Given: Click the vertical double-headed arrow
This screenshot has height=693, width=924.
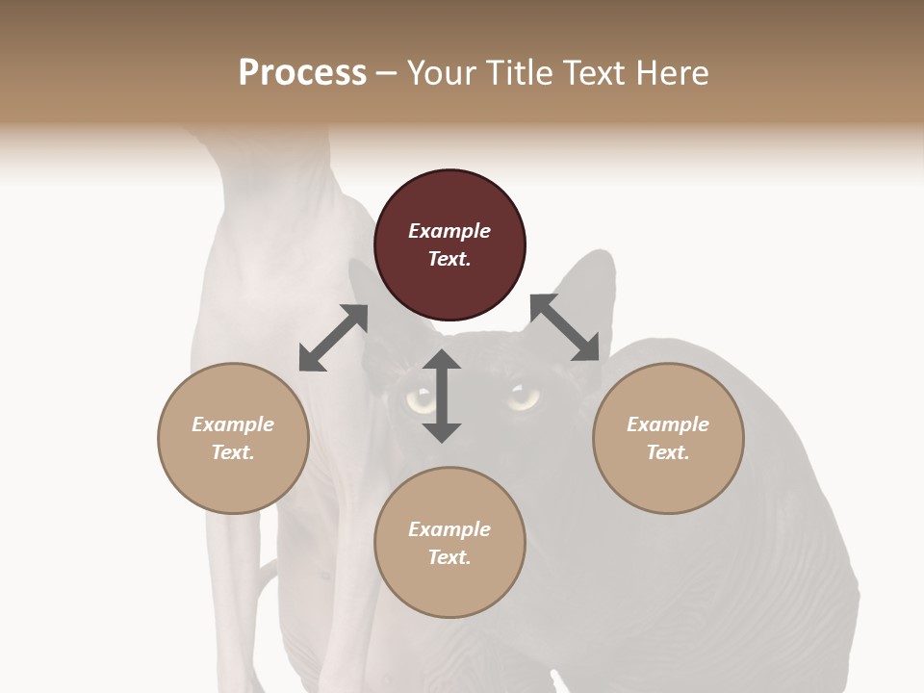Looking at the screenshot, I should pyautogui.click(x=442, y=396).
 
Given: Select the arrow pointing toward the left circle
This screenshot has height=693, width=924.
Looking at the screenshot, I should pyautogui.click(x=333, y=338).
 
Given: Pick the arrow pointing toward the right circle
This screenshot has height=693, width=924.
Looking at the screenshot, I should pyautogui.click(x=565, y=328).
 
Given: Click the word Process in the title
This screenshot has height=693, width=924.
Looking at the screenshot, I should pyautogui.click(x=302, y=72).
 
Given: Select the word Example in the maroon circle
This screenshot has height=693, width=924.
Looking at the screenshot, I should pyautogui.click(x=449, y=230).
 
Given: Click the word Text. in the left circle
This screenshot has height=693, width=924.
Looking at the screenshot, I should pyautogui.click(x=233, y=452).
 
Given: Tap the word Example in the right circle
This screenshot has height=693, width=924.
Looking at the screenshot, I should pyautogui.click(x=668, y=423).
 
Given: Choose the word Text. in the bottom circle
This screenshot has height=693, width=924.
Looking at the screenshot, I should pyautogui.click(x=449, y=557).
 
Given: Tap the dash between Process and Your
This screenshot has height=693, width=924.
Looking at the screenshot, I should pyautogui.click(x=386, y=73).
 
